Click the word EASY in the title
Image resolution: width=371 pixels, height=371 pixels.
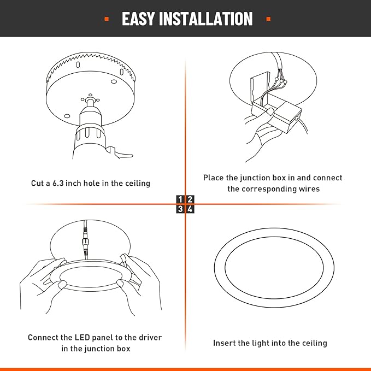[x=138, y=19]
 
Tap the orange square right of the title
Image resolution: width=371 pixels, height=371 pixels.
[x=268, y=19]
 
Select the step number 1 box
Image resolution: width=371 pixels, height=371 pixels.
[x=180, y=199]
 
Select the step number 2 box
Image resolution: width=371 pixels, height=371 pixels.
[x=190, y=199]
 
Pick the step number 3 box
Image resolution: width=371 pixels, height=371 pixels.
[x=180, y=209]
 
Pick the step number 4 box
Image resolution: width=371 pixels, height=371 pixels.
[x=190, y=209]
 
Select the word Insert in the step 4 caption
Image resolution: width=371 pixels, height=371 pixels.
[x=224, y=343]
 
